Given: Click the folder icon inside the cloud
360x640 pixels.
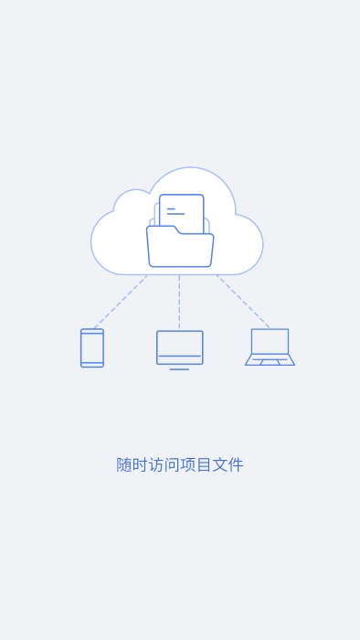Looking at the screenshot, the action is [180, 249].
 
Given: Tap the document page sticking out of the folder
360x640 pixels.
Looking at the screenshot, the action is [183, 208].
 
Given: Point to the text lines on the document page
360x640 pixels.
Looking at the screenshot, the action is [174, 211].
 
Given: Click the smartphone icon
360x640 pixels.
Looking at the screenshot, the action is [92, 347].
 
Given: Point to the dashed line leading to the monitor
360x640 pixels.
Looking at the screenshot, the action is [179, 302].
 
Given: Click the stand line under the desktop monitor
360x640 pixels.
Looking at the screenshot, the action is [180, 368].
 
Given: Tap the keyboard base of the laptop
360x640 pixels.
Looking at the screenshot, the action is [270, 360].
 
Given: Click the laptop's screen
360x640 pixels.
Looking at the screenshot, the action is [270, 341].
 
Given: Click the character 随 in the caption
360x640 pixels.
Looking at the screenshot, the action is [124, 464].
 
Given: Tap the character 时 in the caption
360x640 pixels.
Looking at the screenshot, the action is [141, 464].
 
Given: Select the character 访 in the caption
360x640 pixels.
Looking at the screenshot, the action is [156, 464].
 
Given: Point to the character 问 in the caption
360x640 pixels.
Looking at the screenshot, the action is [172, 464].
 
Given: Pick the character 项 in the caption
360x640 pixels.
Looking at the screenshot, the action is [188, 464].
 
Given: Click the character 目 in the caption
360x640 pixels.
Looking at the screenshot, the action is [204, 464].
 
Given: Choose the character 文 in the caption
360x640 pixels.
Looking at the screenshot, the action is [219, 464].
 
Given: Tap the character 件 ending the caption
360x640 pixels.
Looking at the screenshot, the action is [236, 464].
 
